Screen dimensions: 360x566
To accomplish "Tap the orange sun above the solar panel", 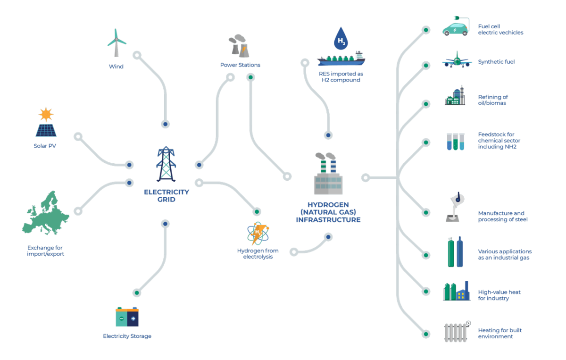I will [46, 114].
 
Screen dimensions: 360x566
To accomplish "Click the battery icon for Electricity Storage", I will [127, 317].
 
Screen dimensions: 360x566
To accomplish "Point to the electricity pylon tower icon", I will [166, 164].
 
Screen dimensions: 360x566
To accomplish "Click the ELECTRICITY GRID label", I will [166, 196].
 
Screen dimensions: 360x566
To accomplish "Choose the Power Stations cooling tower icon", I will [238, 46].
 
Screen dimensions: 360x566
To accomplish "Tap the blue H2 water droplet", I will [341, 39].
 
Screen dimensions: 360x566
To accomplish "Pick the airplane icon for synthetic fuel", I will [457, 60].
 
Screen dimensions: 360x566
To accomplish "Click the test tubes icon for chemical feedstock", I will [456, 142].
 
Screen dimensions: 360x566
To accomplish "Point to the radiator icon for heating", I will [456, 332].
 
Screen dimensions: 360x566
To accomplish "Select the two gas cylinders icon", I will [456, 252].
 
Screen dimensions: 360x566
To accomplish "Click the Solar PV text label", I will [45, 146].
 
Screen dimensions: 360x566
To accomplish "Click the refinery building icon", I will [455, 97].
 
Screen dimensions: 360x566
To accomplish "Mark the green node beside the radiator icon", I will [426, 334].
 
